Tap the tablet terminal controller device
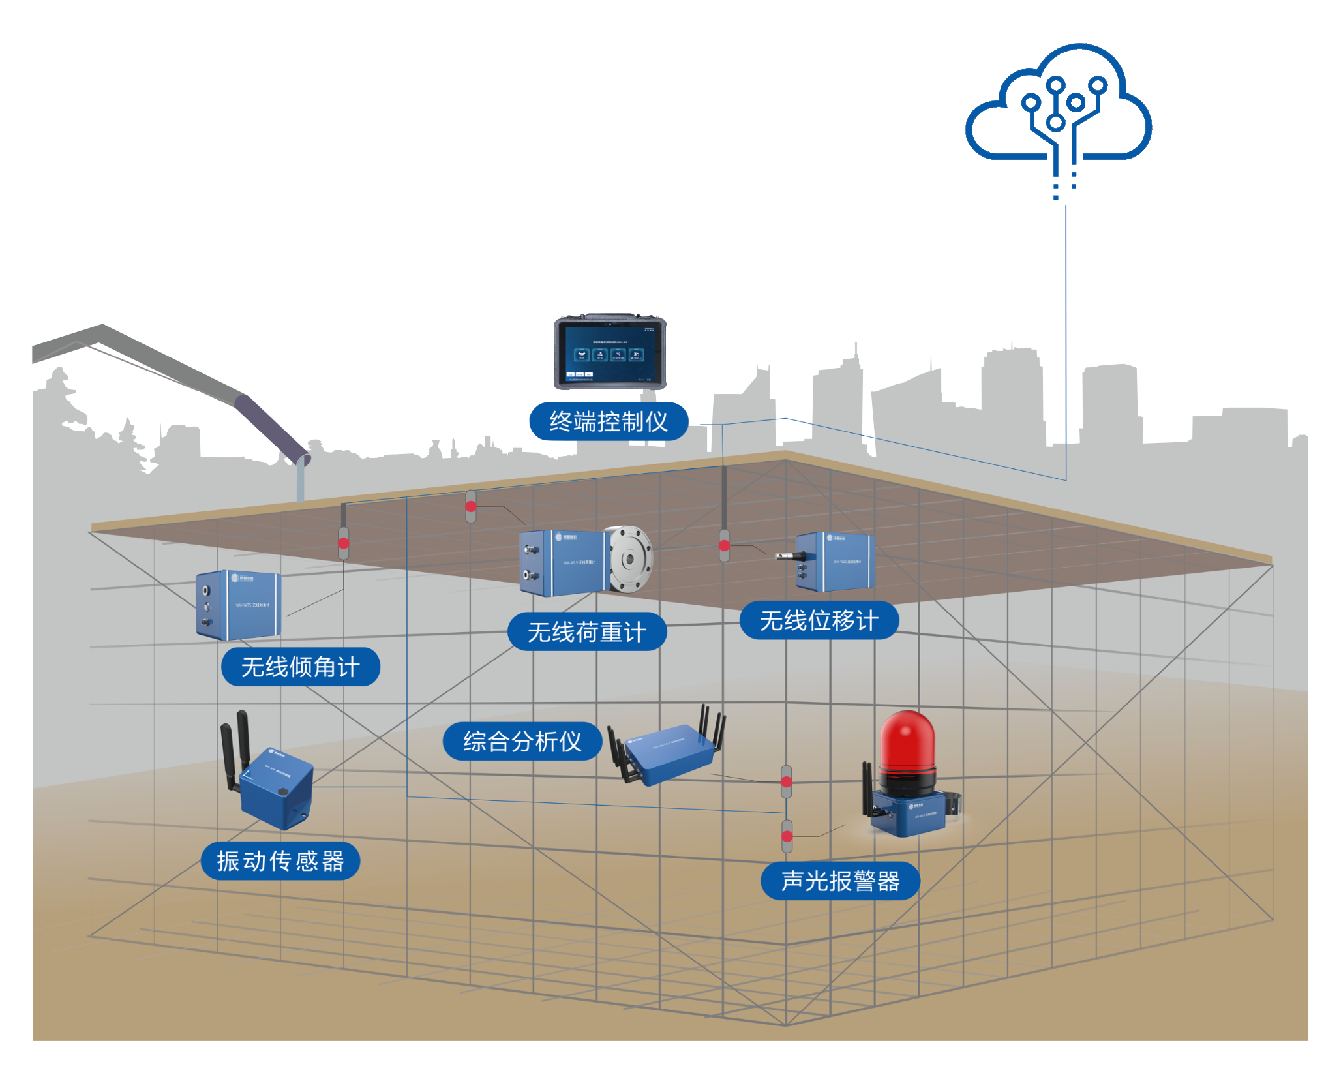pyautogui.click(x=610, y=352)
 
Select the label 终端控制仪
pyautogui.click(x=609, y=421)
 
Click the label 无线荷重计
pyautogui.click(x=587, y=631)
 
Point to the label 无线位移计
pyautogui.click(x=819, y=620)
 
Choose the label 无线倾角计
pyautogui.click(x=301, y=667)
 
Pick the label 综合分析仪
pyautogui.click(x=522, y=741)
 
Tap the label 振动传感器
pyautogui.click(x=280, y=861)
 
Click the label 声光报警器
pyautogui.click(x=840, y=881)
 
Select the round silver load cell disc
pyautogui.click(x=629, y=559)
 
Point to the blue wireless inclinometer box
pyautogui.click(x=239, y=605)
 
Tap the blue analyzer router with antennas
pyautogui.click(x=669, y=753)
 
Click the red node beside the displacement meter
pyautogui.click(x=724, y=545)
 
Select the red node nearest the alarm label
pyautogui.click(x=787, y=836)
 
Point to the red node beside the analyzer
pyautogui.click(x=787, y=781)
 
